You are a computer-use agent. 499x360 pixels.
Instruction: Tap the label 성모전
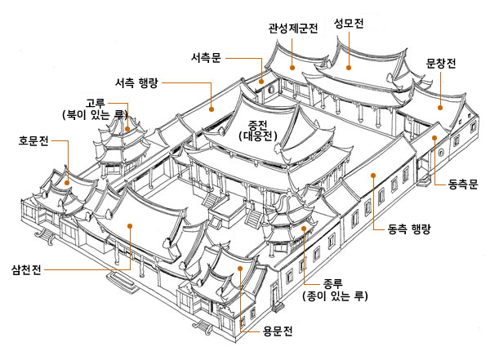349,21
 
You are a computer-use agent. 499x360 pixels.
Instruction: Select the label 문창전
442,62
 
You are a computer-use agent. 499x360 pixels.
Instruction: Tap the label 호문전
35,140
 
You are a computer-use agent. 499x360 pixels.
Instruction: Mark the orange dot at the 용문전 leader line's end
240,267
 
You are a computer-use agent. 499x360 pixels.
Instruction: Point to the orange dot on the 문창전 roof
441,106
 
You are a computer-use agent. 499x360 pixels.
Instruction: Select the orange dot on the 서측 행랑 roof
212,107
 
